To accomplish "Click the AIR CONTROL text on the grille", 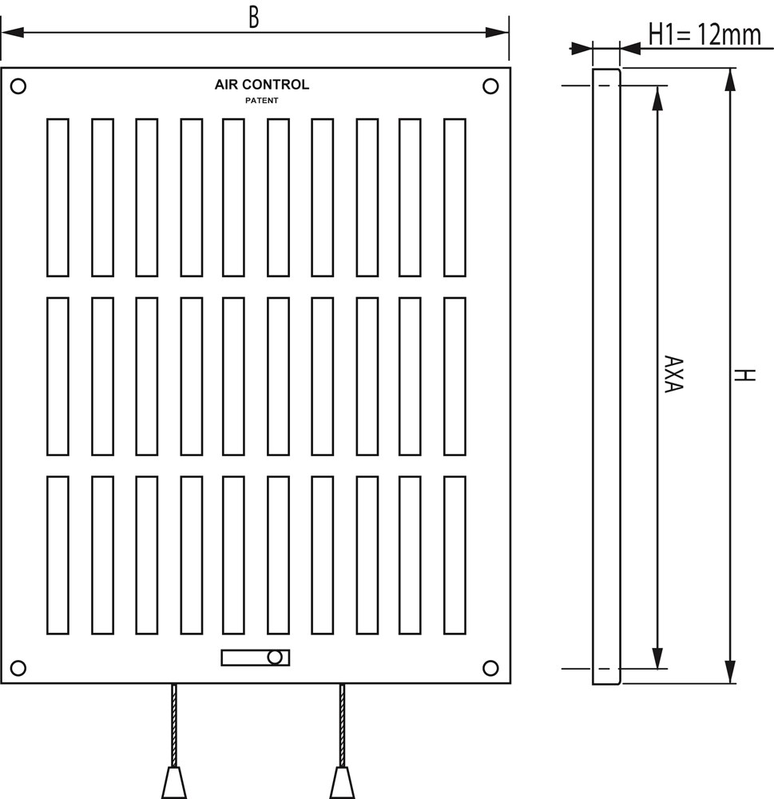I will [261, 85].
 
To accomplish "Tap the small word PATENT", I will [261, 101].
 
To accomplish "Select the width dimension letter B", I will [253, 18].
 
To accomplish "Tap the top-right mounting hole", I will [491, 85].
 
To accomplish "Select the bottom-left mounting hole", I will [19, 668].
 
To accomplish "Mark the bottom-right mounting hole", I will [491, 668].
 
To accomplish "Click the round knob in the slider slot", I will [275, 658].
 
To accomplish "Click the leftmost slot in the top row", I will [58, 197].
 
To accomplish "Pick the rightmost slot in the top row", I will [454, 197].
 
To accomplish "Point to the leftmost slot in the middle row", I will [58, 376].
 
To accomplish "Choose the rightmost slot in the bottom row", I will [454, 555].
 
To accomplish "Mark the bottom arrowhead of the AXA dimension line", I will [657, 658].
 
